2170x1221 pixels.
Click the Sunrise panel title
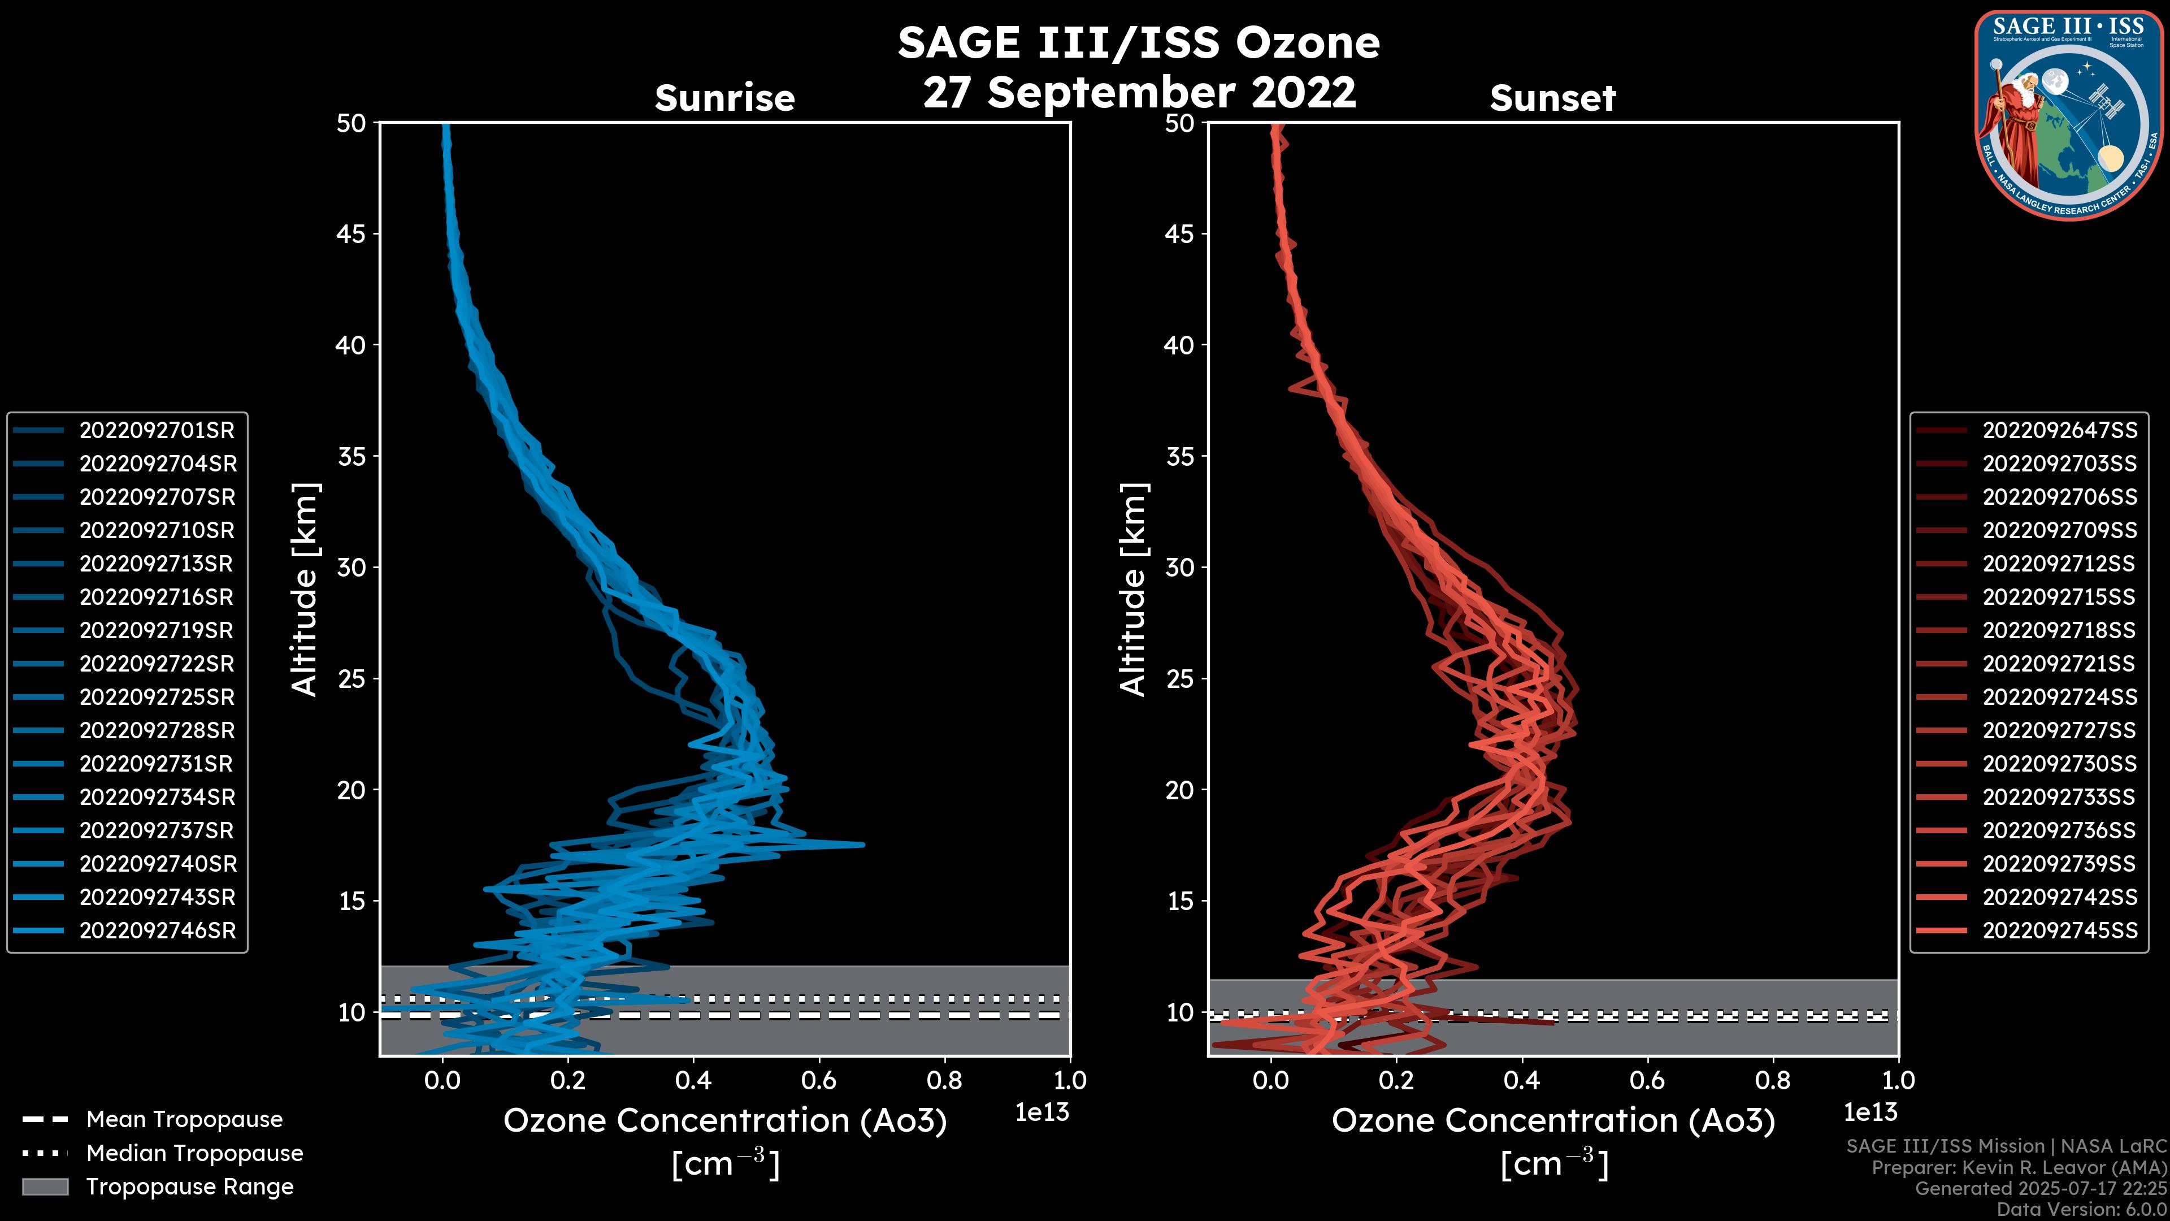point(724,98)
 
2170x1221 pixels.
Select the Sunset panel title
point(1552,98)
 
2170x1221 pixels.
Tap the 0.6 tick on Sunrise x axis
point(819,1080)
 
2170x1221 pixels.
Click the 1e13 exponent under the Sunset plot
point(1870,1113)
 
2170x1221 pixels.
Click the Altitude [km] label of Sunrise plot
point(305,590)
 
